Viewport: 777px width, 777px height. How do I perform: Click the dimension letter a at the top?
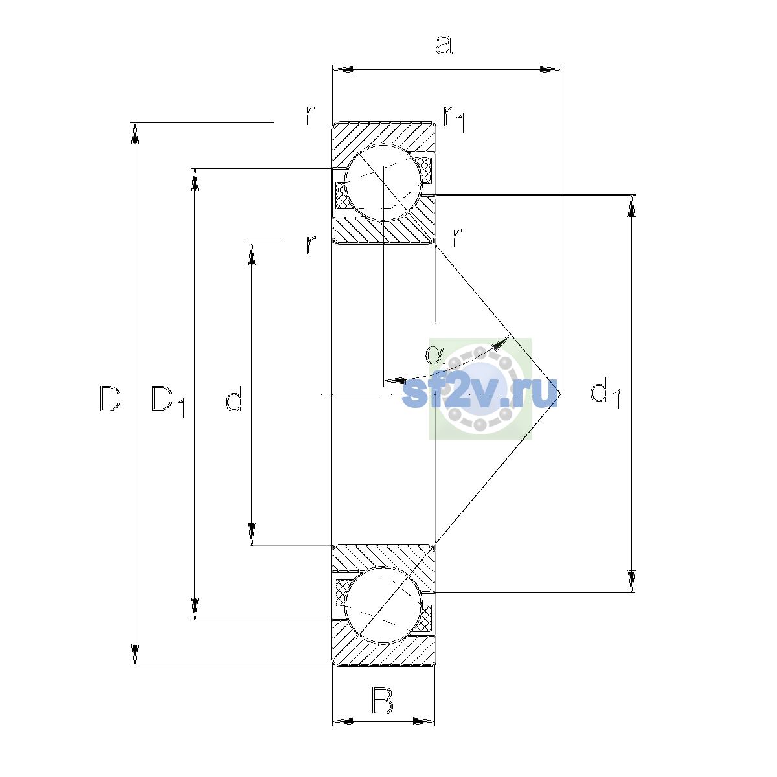click(x=444, y=45)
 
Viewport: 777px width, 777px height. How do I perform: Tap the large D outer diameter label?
click(x=109, y=398)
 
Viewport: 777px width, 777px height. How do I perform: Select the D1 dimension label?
click(x=168, y=401)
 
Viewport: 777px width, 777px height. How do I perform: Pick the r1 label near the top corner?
click(x=454, y=119)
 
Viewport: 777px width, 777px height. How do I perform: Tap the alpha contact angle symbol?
click(x=434, y=354)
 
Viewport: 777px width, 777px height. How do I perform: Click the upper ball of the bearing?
click(x=383, y=183)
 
